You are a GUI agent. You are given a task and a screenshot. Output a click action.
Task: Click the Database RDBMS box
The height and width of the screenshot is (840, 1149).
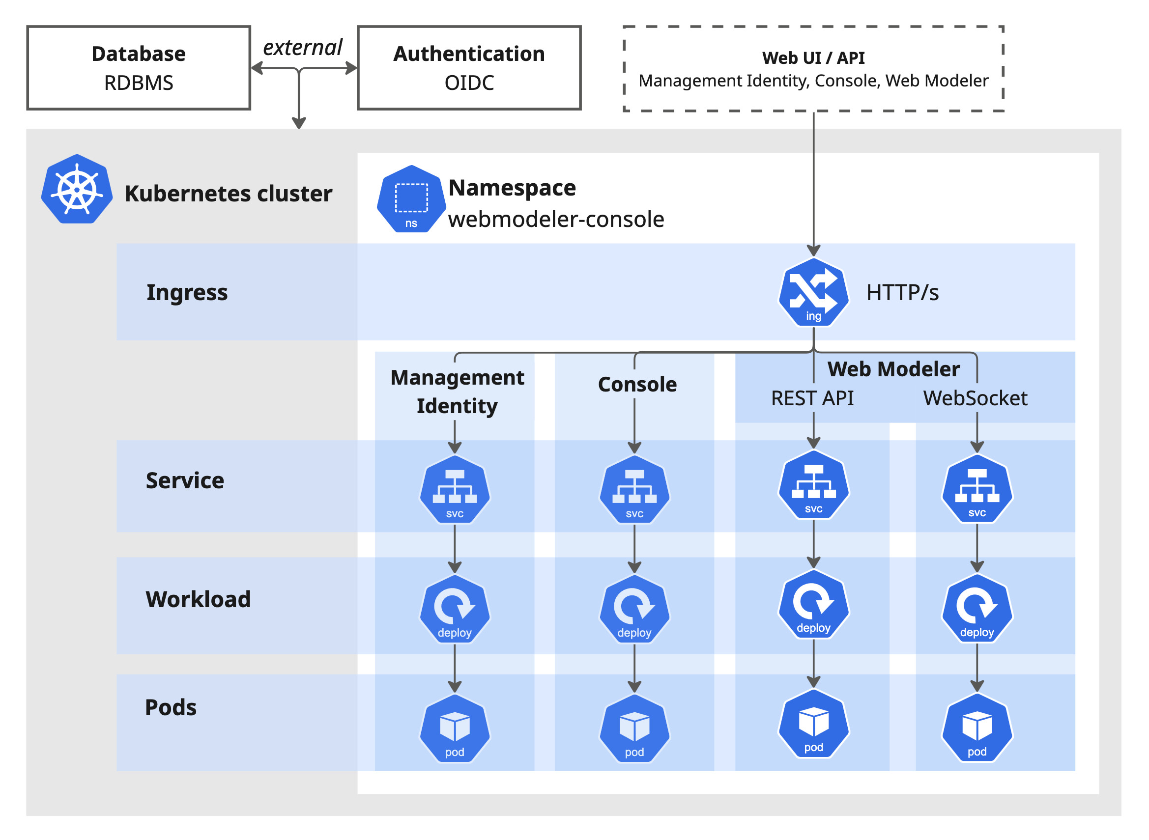139,68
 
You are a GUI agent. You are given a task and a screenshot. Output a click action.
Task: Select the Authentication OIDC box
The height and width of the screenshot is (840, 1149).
468,68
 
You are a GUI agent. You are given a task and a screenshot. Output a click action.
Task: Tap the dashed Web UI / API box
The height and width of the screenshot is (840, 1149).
813,69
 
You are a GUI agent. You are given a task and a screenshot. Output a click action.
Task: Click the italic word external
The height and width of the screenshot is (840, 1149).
302,47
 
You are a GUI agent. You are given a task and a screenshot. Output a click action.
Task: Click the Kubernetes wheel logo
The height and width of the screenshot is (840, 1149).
77,190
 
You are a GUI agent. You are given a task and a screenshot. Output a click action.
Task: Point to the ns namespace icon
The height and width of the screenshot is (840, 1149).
411,199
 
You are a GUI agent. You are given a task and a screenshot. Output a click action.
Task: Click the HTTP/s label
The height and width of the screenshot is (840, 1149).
902,293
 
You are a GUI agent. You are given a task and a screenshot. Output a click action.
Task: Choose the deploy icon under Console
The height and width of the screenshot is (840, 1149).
634,609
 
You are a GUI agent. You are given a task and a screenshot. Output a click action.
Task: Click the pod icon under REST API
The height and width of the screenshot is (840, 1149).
813,724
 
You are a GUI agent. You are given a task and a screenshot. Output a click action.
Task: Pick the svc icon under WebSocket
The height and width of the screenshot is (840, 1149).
977,489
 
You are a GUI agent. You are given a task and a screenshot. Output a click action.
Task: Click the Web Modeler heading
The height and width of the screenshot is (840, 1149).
893,369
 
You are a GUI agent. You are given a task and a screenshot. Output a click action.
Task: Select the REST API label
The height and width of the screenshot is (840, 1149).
812,398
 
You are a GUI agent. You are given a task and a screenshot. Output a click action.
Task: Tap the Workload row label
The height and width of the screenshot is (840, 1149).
198,599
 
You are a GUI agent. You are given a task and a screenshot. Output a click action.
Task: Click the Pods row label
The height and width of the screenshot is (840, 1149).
171,707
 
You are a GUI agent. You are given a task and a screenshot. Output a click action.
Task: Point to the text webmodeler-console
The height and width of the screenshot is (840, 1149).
555,220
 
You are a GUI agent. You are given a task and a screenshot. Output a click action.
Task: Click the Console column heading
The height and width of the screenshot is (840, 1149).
637,385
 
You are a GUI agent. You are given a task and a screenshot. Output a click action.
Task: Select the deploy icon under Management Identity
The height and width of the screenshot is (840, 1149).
454,609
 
